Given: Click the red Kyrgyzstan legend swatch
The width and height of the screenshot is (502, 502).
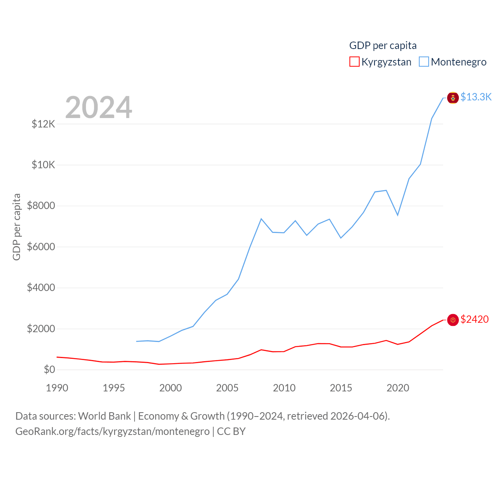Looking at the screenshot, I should [x=354, y=62].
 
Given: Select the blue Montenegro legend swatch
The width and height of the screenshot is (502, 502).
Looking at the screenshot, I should [x=424, y=62].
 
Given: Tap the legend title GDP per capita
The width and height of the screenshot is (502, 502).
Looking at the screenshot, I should [x=383, y=45].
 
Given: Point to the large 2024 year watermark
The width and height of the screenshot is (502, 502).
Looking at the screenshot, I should [x=98, y=107].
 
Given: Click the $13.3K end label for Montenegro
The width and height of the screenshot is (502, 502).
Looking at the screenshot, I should [x=476, y=97].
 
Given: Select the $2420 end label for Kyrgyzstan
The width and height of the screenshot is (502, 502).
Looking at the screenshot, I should [x=475, y=319].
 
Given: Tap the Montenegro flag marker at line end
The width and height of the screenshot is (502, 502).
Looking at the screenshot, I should [x=453, y=98].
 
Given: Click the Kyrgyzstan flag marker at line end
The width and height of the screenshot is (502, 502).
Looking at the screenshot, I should [x=453, y=320].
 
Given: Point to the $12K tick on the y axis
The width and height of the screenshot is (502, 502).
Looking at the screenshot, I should [x=44, y=124].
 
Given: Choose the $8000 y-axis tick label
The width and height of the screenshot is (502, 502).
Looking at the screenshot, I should [x=41, y=206].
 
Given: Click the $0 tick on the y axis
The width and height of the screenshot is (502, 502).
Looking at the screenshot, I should [x=49, y=369].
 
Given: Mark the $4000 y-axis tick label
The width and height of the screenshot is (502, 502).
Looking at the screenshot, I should [x=41, y=288].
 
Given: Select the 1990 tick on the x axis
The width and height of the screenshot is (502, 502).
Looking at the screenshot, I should [x=57, y=388].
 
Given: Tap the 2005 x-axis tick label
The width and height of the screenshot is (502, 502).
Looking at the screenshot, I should [x=227, y=388].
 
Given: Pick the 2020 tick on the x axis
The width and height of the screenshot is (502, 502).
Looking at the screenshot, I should [x=398, y=388].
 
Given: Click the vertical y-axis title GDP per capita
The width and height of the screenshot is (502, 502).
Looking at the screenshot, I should [x=16, y=227].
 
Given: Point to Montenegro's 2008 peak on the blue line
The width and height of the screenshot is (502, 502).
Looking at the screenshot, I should [x=261, y=219].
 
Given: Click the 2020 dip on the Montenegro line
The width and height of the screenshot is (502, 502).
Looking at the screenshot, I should [x=398, y=215].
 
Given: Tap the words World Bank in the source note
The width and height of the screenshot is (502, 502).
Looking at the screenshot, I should [x=104, y=416].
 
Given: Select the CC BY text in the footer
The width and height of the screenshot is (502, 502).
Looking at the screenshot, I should [x=231, y=431].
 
